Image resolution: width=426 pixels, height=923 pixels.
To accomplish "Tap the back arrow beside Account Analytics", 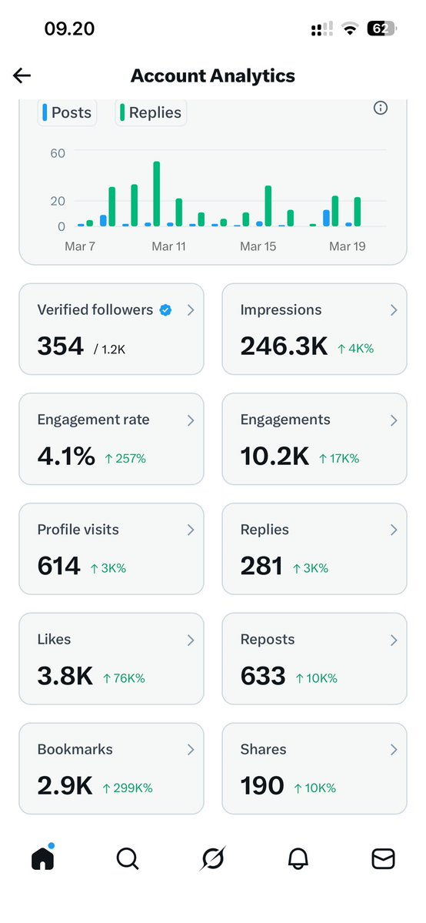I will (22, 75).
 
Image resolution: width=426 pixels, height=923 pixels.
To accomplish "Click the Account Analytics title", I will (213, 75).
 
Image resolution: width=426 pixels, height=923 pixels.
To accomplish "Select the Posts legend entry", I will (67, 112).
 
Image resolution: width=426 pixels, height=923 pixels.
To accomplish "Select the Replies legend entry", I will (151, 112).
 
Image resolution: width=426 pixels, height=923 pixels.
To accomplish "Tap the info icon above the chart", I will (380, 108).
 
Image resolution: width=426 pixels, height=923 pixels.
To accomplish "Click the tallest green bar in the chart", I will (157, 194).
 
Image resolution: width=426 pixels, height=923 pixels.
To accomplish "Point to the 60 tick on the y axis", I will (58, 153).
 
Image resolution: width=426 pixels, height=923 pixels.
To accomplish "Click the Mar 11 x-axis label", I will (168, 246).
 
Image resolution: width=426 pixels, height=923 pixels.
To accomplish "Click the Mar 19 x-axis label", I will (347, 246).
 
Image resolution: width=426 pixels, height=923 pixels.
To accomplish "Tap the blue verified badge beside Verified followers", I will (165, 310).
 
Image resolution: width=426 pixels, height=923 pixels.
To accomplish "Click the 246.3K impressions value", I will (284, 346).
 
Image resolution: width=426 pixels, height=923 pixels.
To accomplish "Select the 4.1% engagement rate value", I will (66, 456).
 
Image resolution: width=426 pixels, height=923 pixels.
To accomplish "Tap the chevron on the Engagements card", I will (394, 420).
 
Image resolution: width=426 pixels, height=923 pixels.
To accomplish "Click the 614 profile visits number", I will (58, 567).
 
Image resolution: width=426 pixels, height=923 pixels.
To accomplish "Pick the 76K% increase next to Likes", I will (124, 678).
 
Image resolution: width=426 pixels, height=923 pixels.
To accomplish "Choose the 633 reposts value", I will (263, 676).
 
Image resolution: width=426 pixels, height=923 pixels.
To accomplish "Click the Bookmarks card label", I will (75, 749).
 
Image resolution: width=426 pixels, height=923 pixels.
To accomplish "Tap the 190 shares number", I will (262, 786).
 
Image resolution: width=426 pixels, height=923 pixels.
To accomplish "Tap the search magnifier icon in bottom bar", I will (128, 858).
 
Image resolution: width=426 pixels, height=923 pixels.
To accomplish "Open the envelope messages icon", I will (383, 858).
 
